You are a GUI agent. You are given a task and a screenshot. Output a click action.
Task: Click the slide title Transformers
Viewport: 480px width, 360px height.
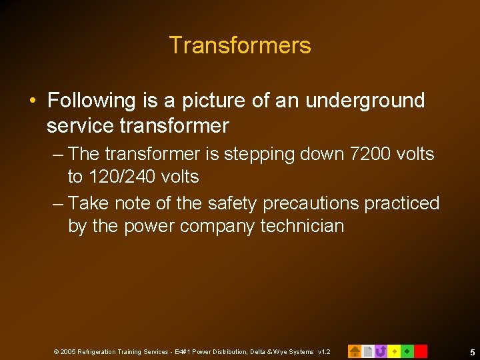coord(240,45)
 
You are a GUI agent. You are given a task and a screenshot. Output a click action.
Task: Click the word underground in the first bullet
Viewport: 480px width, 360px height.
coord(365,101)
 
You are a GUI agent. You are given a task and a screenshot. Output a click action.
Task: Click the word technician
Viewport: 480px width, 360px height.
coord(302,226)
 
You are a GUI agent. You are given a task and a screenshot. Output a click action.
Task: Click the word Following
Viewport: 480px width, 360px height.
coord(92,101)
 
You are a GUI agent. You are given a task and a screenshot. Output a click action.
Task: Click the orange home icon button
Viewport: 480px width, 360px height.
coord(355,351)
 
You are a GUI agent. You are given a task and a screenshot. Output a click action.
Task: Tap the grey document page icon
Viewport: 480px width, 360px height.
coord(367,351)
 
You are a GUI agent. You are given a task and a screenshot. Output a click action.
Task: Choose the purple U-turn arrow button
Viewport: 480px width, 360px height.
coord(381,351)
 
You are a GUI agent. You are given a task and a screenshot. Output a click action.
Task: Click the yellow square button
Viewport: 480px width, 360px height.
coord(394,351)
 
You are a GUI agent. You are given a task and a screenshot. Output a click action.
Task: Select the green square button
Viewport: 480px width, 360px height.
coord(407,351)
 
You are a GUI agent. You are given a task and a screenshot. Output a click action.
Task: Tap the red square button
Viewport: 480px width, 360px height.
coord(421,351)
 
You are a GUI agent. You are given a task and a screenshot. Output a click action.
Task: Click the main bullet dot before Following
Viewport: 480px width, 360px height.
coord(33,101)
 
